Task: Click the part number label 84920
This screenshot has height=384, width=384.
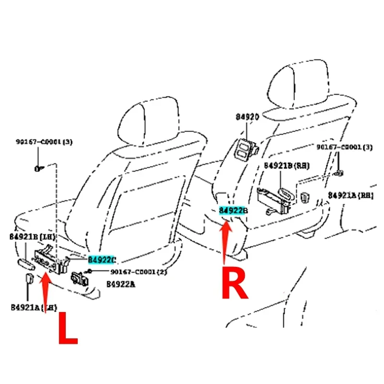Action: pyautogui.click(x=247, y=117)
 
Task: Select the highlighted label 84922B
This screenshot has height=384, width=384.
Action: pyautogui.click(x=233, y=211)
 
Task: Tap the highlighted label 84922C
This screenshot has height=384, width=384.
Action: pyautogui.click(x=101, y=260)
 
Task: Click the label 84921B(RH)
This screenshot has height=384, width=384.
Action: pyautogui.click(x=287, y=166)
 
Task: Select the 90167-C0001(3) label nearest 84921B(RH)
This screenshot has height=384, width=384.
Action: pyautogui.click(x=344, y=146)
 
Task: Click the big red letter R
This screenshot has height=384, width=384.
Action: pyautogui.click(x=234, y=284)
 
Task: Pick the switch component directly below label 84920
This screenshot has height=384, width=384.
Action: pyautogui.click(x=246, y=148)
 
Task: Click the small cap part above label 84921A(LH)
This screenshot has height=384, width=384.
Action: pyautogui.click(x=28, y=279)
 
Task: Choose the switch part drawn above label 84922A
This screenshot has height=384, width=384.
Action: pyautogui.click(x=78, y=278)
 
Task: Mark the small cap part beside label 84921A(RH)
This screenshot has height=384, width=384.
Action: pyautogui.click(x=305, y=195)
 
